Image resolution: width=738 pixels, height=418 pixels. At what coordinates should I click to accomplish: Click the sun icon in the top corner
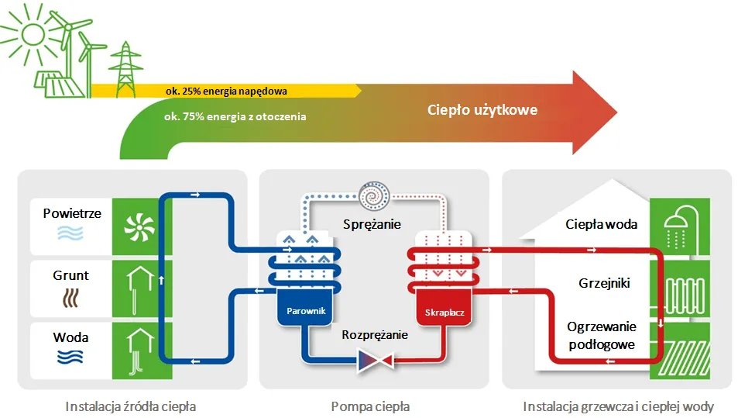coord(33,33)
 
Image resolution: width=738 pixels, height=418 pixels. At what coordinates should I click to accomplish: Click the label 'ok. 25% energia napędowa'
coord(226,91)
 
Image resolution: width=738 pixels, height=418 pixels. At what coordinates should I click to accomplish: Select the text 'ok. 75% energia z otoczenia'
coord(235,116)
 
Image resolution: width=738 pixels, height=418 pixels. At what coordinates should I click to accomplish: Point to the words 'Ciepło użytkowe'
coord(482,110)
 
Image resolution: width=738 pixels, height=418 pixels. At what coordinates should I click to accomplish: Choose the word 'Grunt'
coord(70,275)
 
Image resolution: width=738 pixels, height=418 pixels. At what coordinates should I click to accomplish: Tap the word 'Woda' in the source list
coord(70,337)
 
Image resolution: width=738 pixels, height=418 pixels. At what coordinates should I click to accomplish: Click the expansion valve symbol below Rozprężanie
coord(374,361)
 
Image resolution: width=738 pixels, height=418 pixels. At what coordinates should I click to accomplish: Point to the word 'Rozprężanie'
coord(375,335)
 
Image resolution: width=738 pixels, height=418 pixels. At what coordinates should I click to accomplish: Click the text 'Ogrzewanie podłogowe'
coord(601,336)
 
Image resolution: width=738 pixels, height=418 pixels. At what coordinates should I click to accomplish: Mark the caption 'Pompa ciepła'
coord(370,406)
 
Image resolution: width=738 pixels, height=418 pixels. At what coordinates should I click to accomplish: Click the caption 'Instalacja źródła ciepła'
coord(131,406)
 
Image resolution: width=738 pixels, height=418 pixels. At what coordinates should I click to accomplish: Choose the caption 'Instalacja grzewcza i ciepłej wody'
coord(618,406)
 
